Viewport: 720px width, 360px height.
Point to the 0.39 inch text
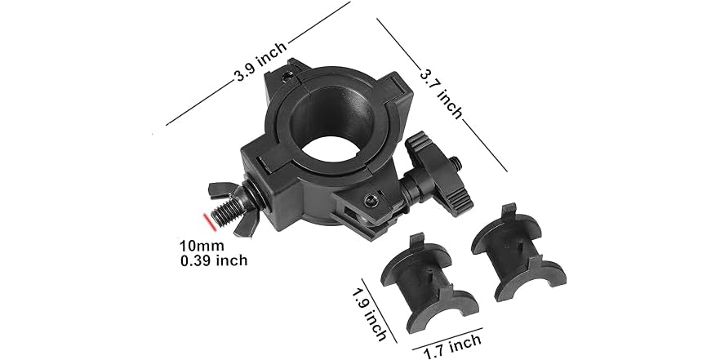[x=213, y=260]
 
